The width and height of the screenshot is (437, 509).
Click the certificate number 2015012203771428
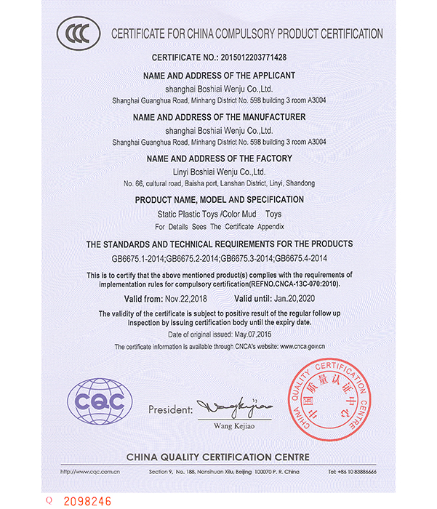(x=248, y=57)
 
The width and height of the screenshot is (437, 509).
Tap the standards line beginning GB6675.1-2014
(x=219, y=258)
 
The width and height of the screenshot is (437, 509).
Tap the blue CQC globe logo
(x=100, y=401)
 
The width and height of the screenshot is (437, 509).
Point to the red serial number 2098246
(x=87, y=500)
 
